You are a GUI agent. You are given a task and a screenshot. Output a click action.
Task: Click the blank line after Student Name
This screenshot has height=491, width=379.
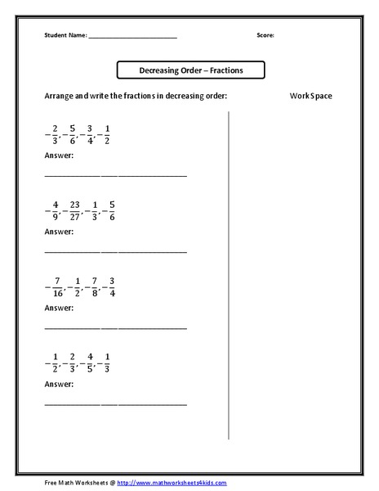click(x=132, y=38)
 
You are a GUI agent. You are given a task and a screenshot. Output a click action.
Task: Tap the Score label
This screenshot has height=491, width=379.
click(x=265, y=36)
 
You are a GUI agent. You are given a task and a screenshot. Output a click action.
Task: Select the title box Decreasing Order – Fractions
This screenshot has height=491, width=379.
click(x=191, y=70)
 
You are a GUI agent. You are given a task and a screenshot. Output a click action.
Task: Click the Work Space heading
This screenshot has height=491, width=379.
click(x=310, y=96)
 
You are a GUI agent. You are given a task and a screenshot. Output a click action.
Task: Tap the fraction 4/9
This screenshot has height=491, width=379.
click(x=56, y=210)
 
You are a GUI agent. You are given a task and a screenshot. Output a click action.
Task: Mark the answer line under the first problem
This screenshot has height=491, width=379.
click(x=114, y=176)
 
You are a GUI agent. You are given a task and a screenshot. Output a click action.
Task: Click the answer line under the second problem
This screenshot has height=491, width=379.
click(x=114, y=252)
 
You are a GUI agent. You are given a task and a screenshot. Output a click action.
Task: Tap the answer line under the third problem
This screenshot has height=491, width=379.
click(x=114, y=328)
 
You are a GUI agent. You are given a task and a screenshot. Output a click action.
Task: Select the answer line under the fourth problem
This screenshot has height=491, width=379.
click(x=114, y=404)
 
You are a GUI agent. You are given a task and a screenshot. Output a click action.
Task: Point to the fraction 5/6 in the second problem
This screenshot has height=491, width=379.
click(x=112, y=210)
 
